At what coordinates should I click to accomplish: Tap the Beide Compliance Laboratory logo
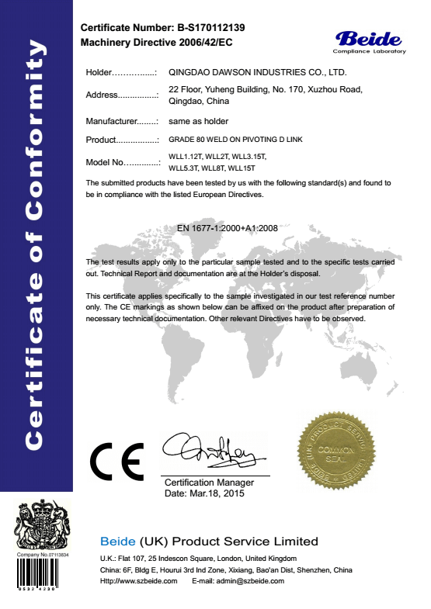pos(369,42)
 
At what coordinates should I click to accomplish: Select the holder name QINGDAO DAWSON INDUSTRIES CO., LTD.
pos(257,72)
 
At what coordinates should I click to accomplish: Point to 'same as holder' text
pos(198,121)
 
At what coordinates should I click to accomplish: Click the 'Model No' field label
pos(104,162)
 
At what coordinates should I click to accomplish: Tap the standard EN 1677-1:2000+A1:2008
pos(227,228)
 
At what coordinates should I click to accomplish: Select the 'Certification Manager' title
pos(209,483)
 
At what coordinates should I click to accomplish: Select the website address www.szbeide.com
pos(149,580)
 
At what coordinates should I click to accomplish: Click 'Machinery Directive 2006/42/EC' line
pos(158,41)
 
